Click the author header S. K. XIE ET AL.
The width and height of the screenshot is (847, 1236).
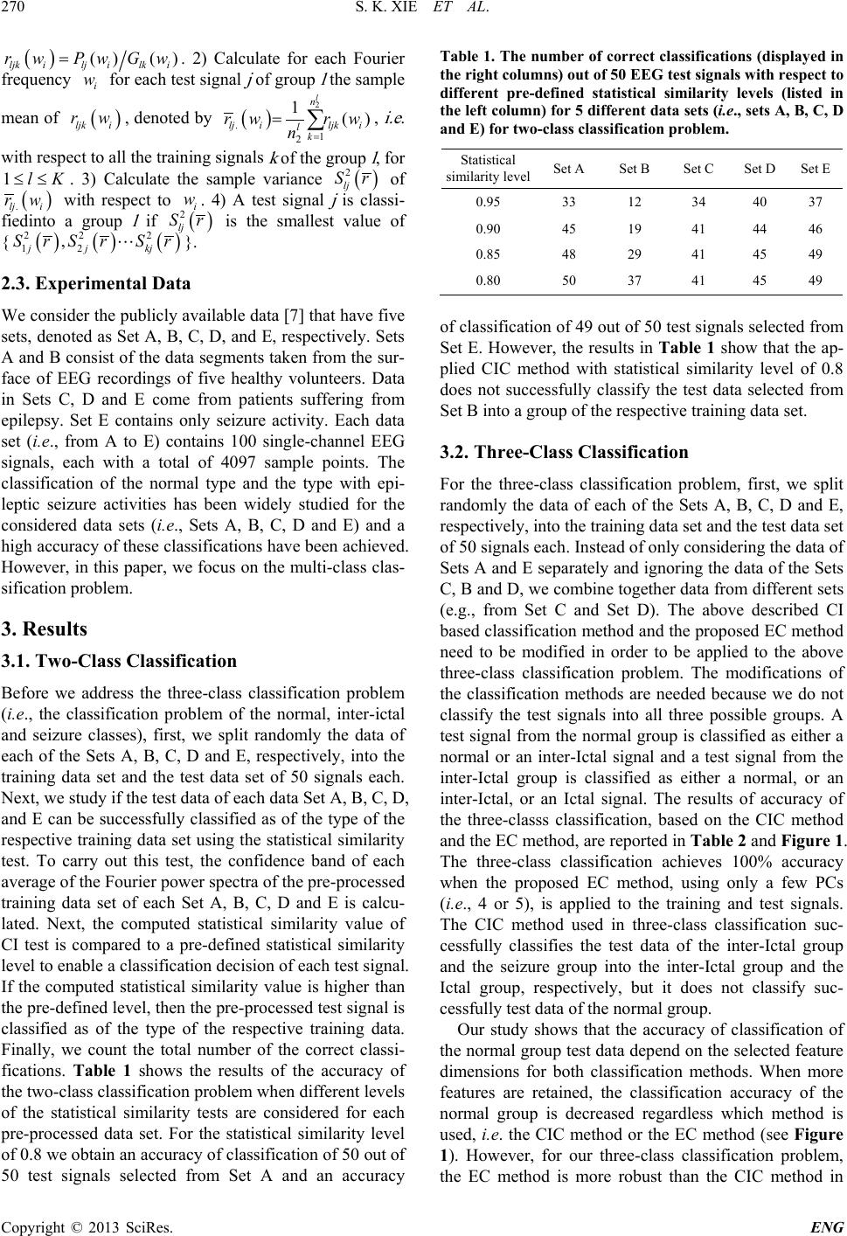click(424, 13)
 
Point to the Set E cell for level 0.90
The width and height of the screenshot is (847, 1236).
click(816, 229)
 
